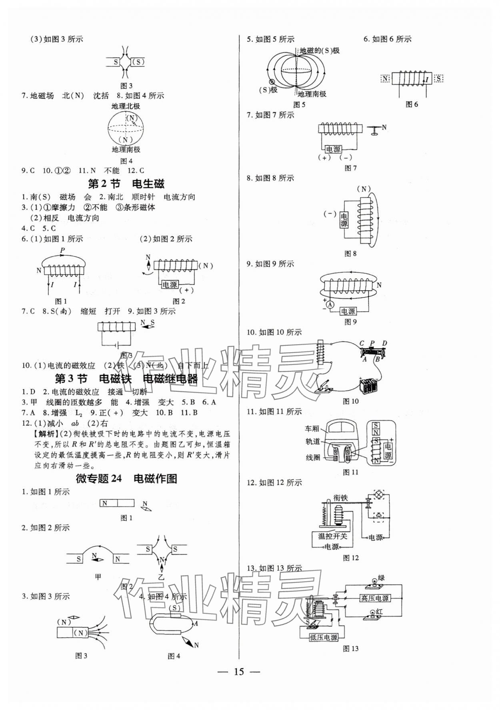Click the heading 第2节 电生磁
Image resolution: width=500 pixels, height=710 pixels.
click(126, 184)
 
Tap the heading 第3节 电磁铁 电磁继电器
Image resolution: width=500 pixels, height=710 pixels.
click(126, 379)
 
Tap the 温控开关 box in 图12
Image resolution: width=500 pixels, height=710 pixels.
click(332, 536)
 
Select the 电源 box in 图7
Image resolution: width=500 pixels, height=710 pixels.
click(333, 149)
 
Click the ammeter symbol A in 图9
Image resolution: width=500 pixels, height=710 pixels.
click(330, 305)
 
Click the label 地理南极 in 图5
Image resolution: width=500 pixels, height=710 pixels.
click(312, 94)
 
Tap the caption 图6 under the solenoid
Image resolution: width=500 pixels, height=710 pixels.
click(412, 104)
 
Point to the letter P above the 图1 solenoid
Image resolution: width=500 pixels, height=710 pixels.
click(62, 251)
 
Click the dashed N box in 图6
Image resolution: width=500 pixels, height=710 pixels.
click(385, 78)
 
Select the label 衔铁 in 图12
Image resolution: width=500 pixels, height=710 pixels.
click(340, 498)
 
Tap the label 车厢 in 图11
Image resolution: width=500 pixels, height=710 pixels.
click(312, 429)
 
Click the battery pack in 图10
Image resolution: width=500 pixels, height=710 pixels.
click(368, 387)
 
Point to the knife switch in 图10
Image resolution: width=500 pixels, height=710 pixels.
click(324, 387)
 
